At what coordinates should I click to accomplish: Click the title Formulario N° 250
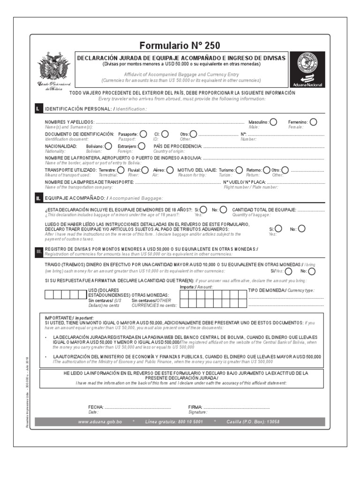click(x=180, y=45)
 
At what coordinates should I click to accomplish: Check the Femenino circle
click(x=313, y=122)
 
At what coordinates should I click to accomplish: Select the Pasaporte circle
click(x=143, y=134)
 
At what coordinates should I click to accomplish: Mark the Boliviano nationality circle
click(x=108, y=146)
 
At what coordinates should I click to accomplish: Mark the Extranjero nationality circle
click(x=142, y=146)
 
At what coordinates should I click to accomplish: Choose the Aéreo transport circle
click(x=170, y=170)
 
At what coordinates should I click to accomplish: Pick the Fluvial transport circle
click(x=145, y=170)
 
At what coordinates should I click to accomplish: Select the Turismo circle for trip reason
click(x=239, y=170)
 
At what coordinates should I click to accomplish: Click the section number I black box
click(x=38, y=109)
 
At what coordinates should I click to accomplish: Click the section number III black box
click(x=38, y=251)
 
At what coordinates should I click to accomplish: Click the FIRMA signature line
click(x=237, y=407)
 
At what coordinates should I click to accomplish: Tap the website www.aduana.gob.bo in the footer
click(x=100, y=422)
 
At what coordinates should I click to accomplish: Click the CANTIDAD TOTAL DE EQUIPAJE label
click(x=264, y=210)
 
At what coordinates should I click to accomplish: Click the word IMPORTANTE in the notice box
click(x=58, y=317)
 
